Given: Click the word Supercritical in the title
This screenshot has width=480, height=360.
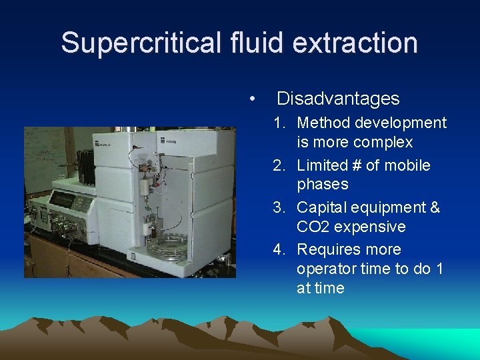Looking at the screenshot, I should click(x=141, y=43).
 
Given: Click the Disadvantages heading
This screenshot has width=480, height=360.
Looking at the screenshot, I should click(x=338, y=99).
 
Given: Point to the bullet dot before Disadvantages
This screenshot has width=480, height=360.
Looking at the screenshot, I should click(x=251, y=99).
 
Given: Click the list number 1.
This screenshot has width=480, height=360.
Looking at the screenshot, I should click(x=279, y=123).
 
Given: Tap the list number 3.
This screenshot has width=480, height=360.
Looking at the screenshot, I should click(x=279, y=207).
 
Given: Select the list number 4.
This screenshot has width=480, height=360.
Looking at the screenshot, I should click(x=279, y=249).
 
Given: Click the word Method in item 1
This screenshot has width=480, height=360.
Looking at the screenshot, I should click(x=323, y=123).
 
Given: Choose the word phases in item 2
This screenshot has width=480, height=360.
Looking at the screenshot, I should click(x=323, y=184).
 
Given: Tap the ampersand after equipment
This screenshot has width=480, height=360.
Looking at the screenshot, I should click(x=435, y=207).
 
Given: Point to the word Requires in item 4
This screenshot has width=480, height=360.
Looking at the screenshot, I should click(x=330, y=249).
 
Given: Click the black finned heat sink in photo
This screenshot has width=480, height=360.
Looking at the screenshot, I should click(x=87, y=163).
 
